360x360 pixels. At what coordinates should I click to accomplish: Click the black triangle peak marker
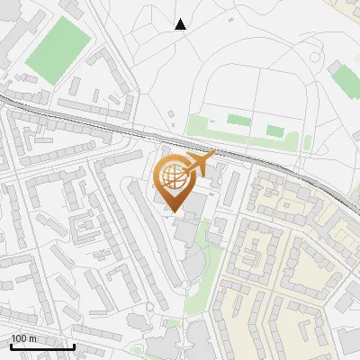pyautogui.click(x=180, y=24)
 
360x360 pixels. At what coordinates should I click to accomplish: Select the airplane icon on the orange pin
pyautogui.click(x=199, y=163)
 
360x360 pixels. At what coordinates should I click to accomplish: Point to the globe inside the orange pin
pyautogui.click(x=172, y=175)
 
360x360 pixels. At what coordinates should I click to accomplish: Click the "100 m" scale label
pyautogui.click(x=23, y=338)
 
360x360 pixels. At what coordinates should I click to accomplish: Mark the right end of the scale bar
pyautogui.click(x=74, y=346)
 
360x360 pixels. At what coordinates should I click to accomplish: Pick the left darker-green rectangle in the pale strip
pyautogui.click(x=238, y=120)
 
